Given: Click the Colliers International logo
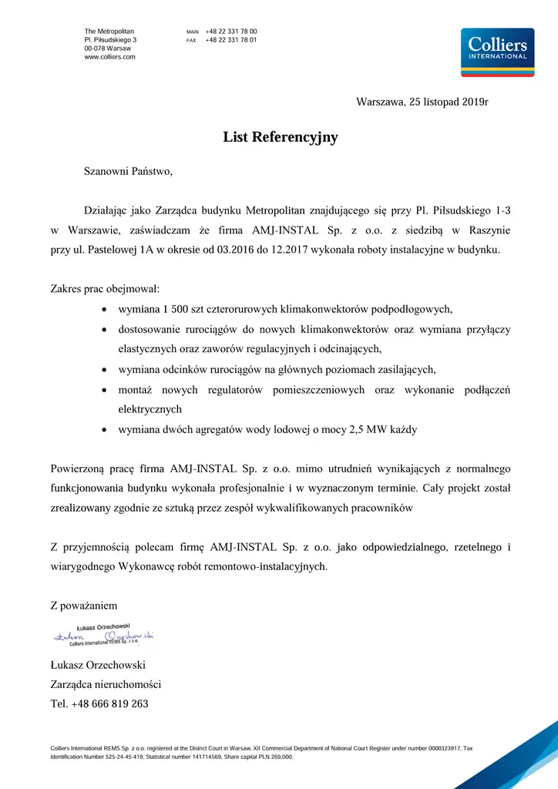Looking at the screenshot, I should (x=497, y=52).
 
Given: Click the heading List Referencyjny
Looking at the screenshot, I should (x=280, y=138).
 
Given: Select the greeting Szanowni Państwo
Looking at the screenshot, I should (x=128, y=171).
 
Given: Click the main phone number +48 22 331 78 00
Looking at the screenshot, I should (x=231, y=32).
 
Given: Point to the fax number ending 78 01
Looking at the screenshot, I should (x=231, y=40).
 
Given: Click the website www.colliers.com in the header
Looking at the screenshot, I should (x=109, y=57).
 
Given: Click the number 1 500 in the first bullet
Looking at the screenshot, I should (x=176, y=309).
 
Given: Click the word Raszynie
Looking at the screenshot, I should (x=487, y=230).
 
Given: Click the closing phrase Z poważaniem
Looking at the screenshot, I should (x=84, y=606).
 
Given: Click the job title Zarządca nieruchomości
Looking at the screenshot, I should (x=106, y=684).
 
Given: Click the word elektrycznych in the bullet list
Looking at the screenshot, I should (x=150, y=409).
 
